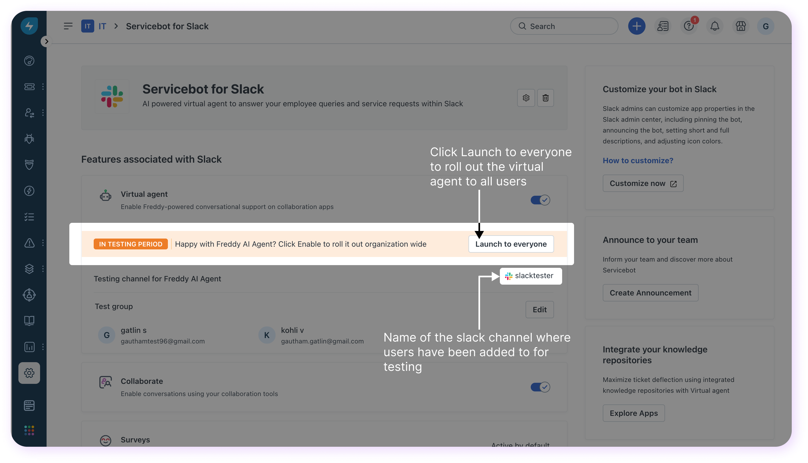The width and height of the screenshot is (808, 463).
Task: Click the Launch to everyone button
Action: [x=511, y=244]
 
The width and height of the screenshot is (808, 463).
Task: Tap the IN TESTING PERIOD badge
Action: [x=131, y=244]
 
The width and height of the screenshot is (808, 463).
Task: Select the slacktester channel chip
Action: [x=530, y=276]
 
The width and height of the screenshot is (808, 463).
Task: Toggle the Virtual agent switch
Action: [x=540, y=200]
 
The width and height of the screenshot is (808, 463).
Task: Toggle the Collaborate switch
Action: [x=540, y=387]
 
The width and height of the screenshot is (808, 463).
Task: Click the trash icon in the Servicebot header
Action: [x=545, y=98]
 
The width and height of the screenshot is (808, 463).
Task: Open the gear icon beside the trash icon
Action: [x=526, y=98]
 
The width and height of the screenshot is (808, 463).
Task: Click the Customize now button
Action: [x=643, y=184]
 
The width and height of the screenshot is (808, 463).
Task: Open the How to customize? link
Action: [x=638, y=160]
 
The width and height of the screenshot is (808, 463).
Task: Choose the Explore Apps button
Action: [x=633, y=413]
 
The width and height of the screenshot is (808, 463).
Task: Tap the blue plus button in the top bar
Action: [x=637, y=26]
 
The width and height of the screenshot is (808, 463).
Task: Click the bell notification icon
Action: [x=715, y=26]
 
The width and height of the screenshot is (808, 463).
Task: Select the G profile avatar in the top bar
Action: [x=765, y=26]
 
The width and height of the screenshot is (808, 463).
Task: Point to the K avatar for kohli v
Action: [x=267, y=335]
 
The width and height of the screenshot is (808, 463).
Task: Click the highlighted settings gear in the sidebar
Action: [x=29, y=373]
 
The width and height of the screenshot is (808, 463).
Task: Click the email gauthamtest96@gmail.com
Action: [x=163, y=341]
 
